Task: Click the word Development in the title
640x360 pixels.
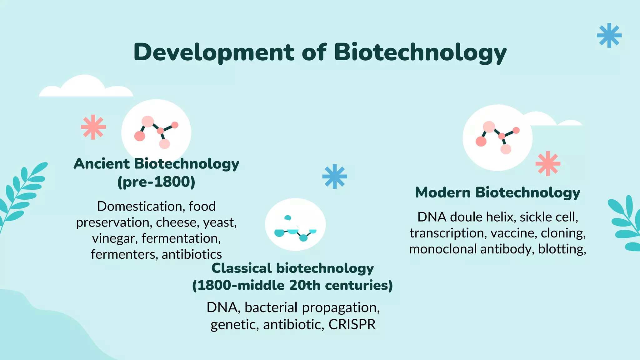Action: coord(214,52)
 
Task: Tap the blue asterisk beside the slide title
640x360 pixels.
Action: coord(609,35)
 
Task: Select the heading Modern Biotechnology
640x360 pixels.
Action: coord(497,192)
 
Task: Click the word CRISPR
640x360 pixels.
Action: coord(352,324)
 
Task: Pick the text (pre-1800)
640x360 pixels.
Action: coord(156,182)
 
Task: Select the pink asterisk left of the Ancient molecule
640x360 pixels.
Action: coord(93,127)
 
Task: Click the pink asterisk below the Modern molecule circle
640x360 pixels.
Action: coord(547,163)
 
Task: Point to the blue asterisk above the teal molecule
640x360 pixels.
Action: coord(334,176)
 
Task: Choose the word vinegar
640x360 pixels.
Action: coord(115,238)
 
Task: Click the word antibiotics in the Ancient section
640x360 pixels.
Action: coord(192,254)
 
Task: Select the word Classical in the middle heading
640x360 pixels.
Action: coord(242,268)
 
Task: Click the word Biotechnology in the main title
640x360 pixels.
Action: coord(420,52)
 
